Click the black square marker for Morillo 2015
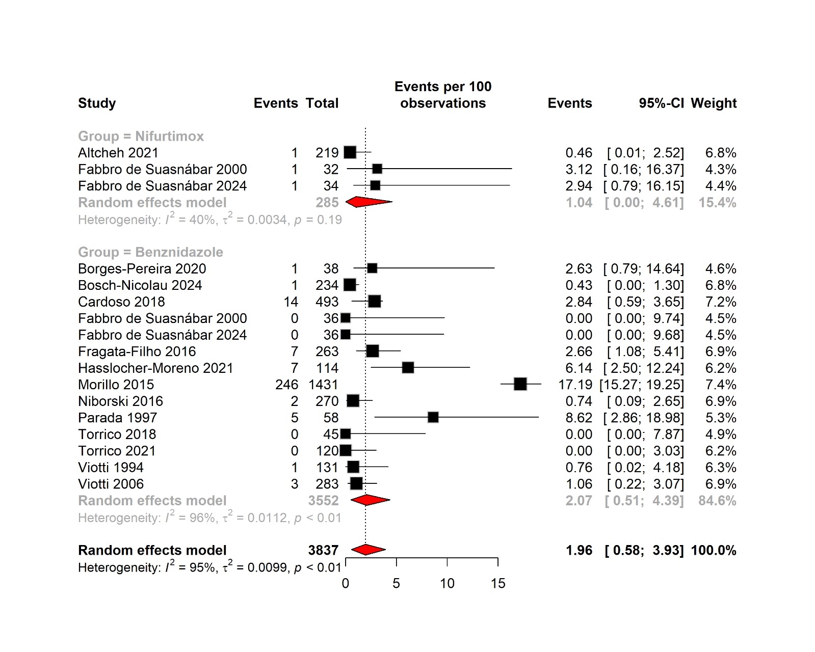point(520,384)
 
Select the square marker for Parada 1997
point(433,418)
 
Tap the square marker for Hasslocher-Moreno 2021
point(408,368)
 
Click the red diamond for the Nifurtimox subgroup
point(369,202)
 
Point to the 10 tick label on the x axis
point(447,583)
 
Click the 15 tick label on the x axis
point(498,583)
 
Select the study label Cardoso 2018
point(121,302)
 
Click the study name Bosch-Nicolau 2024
point(140,285)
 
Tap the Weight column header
point(713,103)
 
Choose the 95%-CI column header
point(661,103)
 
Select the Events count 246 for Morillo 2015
point(286,385)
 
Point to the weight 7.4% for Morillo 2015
point(720,385)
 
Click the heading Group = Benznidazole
point(150,252)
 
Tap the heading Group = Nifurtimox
point(141,136)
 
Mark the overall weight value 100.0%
point(713,550)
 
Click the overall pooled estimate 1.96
point(579,550)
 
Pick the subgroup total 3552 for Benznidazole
point(323,500)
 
